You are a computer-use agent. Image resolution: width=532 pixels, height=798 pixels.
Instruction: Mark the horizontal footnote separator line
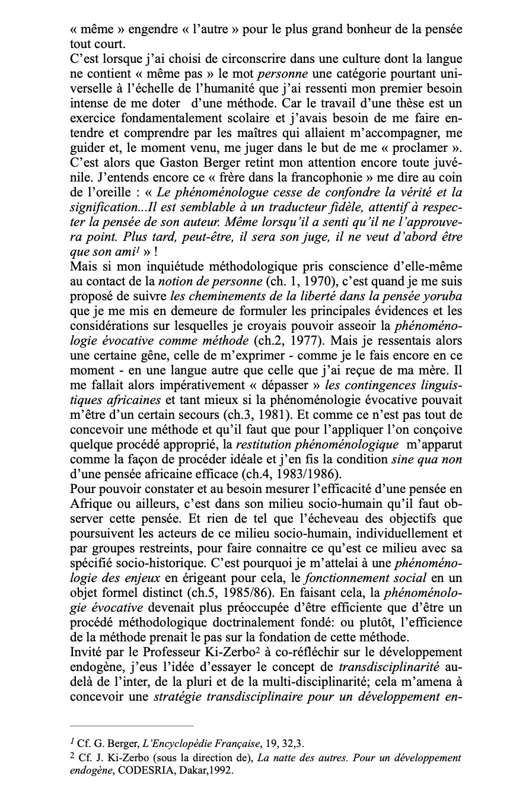tap(132, 726)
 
